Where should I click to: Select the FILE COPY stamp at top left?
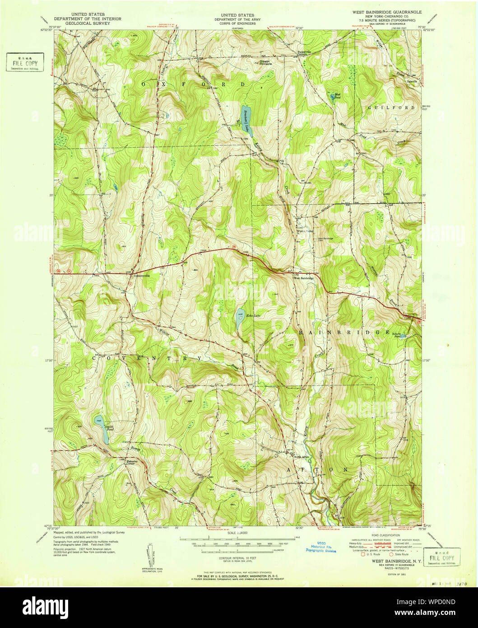click(25, 62)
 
